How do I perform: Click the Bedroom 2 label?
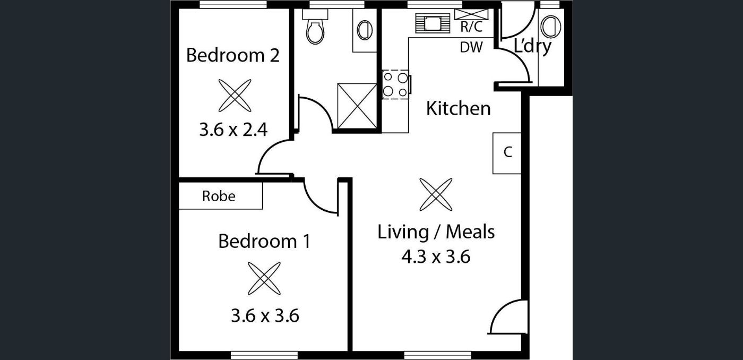[x=233, y=55]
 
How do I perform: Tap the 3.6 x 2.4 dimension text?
[x=233, y=130]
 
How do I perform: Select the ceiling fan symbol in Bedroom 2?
[x=235, y=96]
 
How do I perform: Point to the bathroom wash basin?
[x=365, y=30]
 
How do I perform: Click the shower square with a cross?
[x=357, y=106]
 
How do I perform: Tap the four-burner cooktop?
[x=395, y=84]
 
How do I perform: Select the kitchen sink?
[x=433, y=23]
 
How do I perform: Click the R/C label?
[x=471, y=27]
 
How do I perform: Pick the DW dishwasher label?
[x=471, y=47]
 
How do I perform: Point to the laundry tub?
[x=551, y=27]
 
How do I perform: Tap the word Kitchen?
[x=459, y=108]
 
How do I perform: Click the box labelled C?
[x=507, y=153]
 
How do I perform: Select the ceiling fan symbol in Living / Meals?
[x=436, y=194]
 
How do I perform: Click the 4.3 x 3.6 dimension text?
[x=436, y=256]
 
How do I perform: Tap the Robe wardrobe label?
[x=219, y=196]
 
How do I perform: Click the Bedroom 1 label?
[x=264, y=241]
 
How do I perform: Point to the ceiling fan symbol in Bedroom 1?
[x=264, y=278]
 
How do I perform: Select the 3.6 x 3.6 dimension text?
[x=265, y=315]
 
